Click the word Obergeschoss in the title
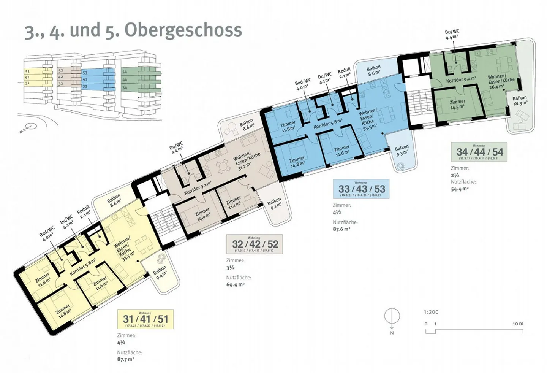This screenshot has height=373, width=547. [183, 30]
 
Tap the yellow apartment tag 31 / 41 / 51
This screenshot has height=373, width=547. [145, 319]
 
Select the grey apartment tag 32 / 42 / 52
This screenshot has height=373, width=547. [255, 244]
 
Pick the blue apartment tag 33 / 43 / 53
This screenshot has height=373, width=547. [361, 189]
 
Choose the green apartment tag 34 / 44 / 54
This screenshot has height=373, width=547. [479, 152]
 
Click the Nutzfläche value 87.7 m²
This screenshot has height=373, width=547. [126, 359]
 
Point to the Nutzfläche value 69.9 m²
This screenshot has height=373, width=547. [235, 284]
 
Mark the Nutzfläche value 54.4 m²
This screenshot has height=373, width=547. [460, 189]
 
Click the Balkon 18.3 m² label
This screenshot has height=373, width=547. [520, 100]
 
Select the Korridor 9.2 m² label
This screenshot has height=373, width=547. [461, 80]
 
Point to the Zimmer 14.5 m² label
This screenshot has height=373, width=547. [457, 104]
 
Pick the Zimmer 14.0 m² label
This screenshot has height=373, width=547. [202, 214]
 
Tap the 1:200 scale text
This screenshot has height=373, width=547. [431, 312]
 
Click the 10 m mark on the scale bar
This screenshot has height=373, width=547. [518, 324]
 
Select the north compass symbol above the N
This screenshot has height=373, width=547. [392, 317]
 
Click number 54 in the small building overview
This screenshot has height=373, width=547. [125, 72]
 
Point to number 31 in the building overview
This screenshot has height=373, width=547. [27, 83]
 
